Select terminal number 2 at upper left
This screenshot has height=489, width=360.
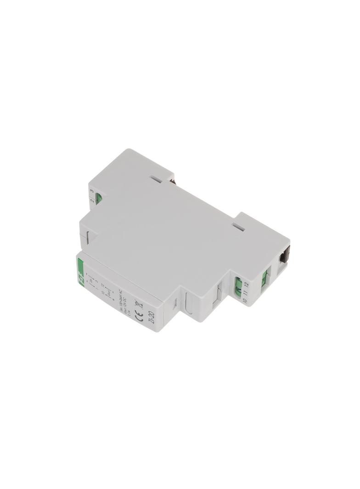pos(92,200)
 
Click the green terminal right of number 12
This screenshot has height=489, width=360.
pos(265,276)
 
